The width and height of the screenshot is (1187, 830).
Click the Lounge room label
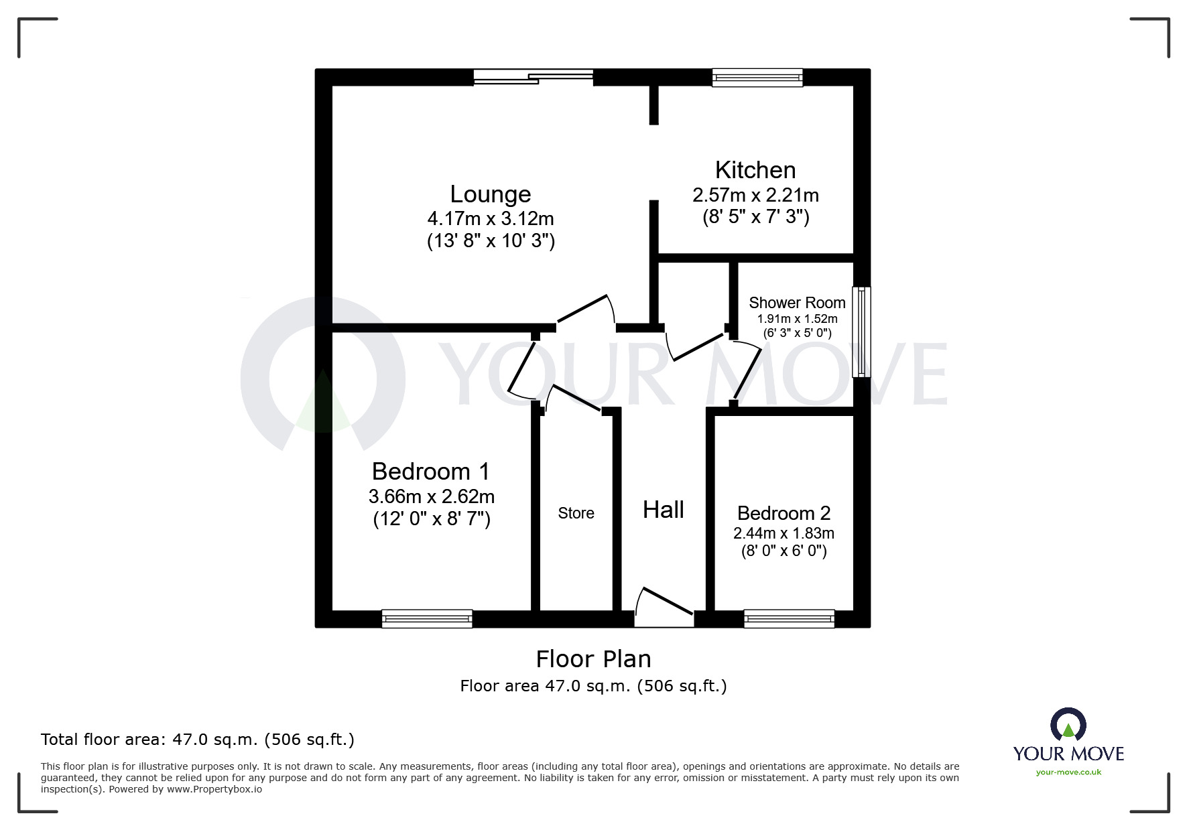point(490,194)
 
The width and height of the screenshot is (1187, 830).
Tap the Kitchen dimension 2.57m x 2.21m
point(755,196)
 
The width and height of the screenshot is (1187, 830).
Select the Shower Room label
point(796,303)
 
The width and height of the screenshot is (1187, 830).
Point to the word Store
point(576,513)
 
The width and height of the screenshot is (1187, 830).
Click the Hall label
point(663,510)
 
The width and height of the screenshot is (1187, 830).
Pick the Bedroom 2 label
point(784,513)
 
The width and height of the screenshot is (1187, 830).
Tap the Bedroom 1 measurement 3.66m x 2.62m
point(431,497)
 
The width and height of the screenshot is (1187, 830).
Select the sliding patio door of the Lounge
point(534,78)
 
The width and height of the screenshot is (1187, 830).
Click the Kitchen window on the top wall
point(757,78)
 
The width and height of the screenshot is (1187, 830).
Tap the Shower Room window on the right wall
point(861,332)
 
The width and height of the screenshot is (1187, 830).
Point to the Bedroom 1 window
point(426,618)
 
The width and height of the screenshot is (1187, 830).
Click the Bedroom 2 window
point(789,618)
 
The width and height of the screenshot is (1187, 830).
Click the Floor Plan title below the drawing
point(593,659)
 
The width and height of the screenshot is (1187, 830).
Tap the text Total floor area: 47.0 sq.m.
point(197,740)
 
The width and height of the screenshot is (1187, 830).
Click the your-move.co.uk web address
point(1068,772)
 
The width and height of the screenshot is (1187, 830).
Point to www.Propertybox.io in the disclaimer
point(214,789)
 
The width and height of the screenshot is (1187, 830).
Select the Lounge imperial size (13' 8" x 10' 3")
point(491,241)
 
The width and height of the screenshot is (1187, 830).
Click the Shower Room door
point(748,372)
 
